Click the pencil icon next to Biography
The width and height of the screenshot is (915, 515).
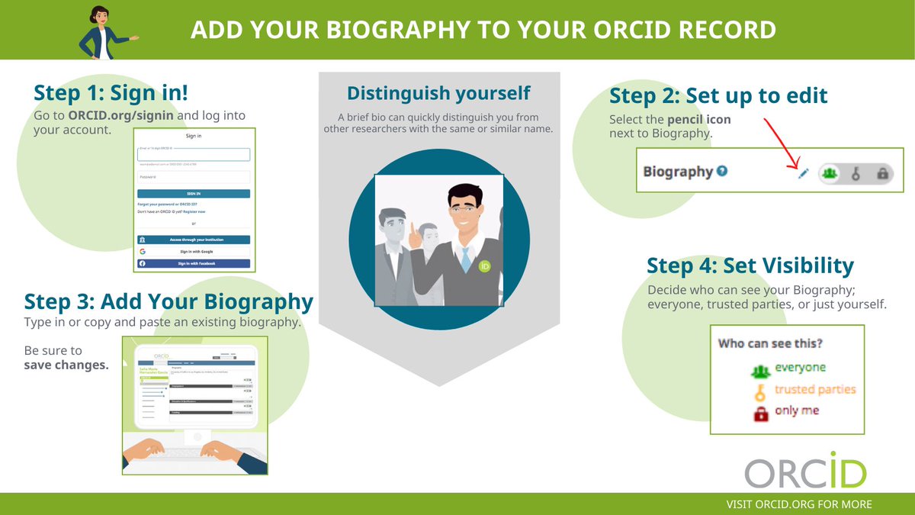click(x=802, y=174)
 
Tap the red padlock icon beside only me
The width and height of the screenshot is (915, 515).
click(x=760, y=414)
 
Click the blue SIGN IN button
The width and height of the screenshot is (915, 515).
click(x=194, y=194)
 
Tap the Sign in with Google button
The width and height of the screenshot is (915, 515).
click(x=194, y=251)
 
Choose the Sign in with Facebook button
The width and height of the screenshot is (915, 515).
click(x=194, y=263)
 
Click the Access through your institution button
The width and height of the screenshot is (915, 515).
click(x=194, y=239)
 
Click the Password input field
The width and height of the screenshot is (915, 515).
click(x=194, y=177)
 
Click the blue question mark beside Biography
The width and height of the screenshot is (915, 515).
click(x=722, y=171)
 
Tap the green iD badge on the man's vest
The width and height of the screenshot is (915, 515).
click(x=484, y=266)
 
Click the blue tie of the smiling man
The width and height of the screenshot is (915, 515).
click(x=465, y=259)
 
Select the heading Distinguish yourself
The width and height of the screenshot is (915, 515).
click(x=438, y=94)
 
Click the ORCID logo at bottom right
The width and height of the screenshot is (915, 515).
click(x=805, y=471)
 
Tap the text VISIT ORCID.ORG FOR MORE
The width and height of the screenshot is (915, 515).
click(x=799, y=504)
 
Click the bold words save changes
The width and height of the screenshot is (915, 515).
click(x=66, y=365)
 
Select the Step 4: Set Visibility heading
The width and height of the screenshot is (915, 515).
click(x=750, y=266)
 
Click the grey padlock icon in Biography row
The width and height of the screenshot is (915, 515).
click(x=882, y=174)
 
